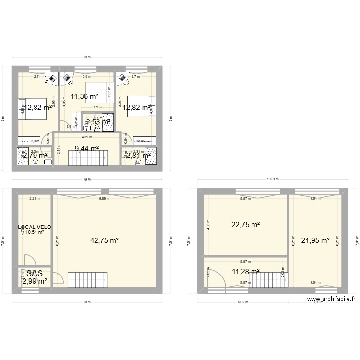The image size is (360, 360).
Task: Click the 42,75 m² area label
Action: [104, 240]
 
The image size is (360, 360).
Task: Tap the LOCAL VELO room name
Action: [35, 227]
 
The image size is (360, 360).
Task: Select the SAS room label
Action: [35, 273]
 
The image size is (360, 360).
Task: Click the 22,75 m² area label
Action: [245, 224]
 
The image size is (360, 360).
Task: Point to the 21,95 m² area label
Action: [315, 240]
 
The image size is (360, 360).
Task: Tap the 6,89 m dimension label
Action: [104, 198]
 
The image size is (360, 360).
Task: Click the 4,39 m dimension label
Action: [86, 137]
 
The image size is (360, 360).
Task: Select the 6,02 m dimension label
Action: [245, 302]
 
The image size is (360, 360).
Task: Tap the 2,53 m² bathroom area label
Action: [98, 122]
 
